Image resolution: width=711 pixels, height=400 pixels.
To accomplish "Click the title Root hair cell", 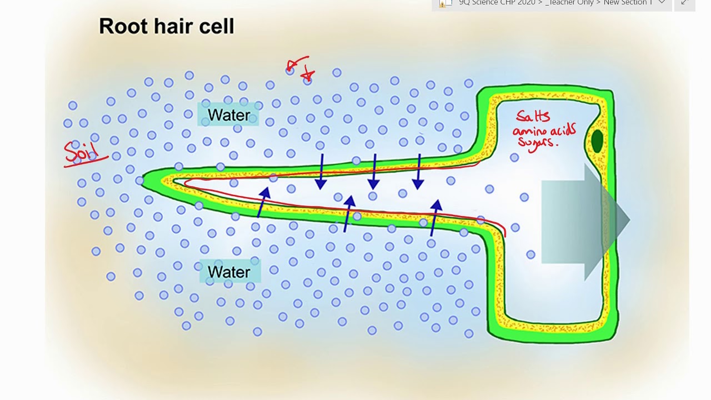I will pos(167,27).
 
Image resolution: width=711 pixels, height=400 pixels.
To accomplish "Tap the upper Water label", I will pos(229,115).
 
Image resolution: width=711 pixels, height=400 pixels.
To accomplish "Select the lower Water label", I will pos(229,272).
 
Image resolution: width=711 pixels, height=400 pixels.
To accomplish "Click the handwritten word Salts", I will pos(533,116).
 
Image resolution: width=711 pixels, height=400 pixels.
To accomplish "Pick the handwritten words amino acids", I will pos(544,131).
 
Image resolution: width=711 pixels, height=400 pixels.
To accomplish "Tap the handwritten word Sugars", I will pos(537,142).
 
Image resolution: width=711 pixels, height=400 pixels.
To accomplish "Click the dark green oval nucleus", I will pos(597,141).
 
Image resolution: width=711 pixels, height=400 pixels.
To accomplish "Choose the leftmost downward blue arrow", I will pos(321,172).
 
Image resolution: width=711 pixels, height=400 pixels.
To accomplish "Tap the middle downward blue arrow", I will pos(374,172).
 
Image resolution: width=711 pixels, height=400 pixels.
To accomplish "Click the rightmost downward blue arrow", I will pos(418,172).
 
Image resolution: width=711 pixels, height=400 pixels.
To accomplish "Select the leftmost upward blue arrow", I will pos(262,202).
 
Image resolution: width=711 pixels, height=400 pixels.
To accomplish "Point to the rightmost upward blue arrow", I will pos(434,218).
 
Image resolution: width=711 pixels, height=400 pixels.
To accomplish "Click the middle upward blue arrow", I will pos(348,213).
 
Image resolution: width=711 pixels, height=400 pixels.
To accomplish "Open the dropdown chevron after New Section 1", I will pos(662,3).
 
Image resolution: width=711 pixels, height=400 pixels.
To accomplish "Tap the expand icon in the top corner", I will pos(684,3).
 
